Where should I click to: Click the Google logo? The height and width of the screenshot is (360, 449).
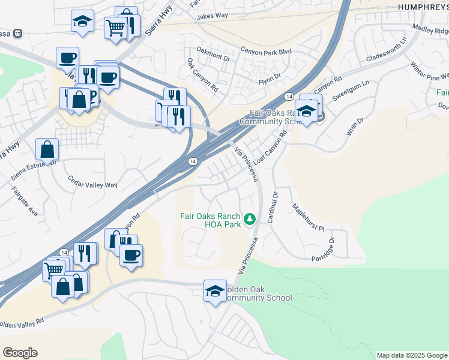(x=20, y=353)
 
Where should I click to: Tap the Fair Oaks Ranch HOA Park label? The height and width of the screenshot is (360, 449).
(x=210, y=220)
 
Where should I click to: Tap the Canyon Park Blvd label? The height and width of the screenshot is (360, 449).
(x=266, y=52)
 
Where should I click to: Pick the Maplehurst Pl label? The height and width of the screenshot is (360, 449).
(x=309, y=218)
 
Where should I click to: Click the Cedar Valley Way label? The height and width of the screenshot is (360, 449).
(x=92, y=182)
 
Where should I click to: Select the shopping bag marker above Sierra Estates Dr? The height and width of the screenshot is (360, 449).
(x=47, y=149)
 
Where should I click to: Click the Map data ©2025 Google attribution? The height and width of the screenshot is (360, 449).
(x=412, y=355)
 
